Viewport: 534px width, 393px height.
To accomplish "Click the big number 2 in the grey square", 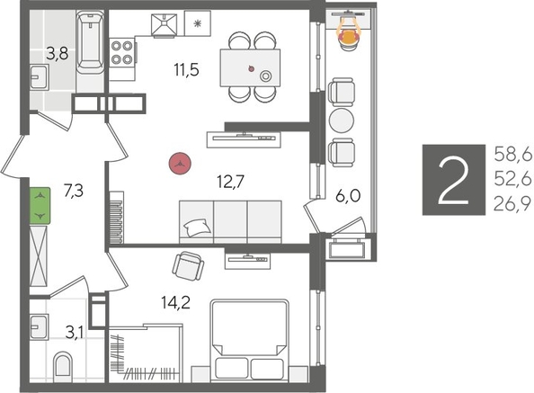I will (454, 180).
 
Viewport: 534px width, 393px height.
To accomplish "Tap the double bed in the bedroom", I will (250, 342).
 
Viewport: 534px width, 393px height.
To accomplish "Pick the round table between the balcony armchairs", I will (343, 121).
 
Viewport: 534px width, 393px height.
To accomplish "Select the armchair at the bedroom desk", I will (188, 265).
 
